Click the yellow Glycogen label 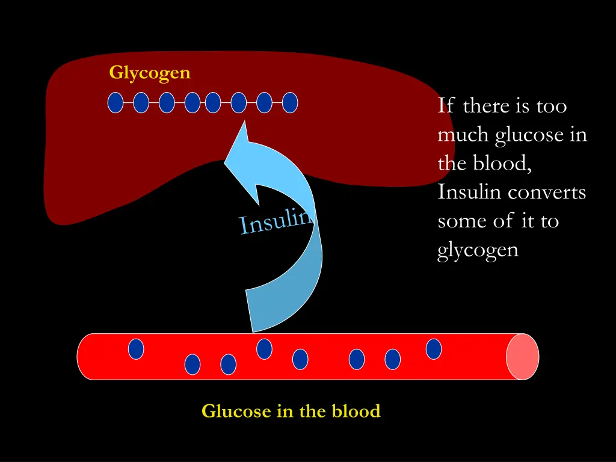(x=150, y=73)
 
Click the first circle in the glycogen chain (x=115, y=103)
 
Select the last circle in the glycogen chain (x=290, y=103)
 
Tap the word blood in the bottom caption (x=357, y=411)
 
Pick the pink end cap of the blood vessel (x=522, y=357)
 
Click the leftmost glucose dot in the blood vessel (x=137, y=349)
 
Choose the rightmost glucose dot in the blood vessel (x=434, y=349)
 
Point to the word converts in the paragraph (x=547, y=192)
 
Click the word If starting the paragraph (x=446, y=106)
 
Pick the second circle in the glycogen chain (x=141, y=103)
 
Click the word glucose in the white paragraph (x=528, y=135)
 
